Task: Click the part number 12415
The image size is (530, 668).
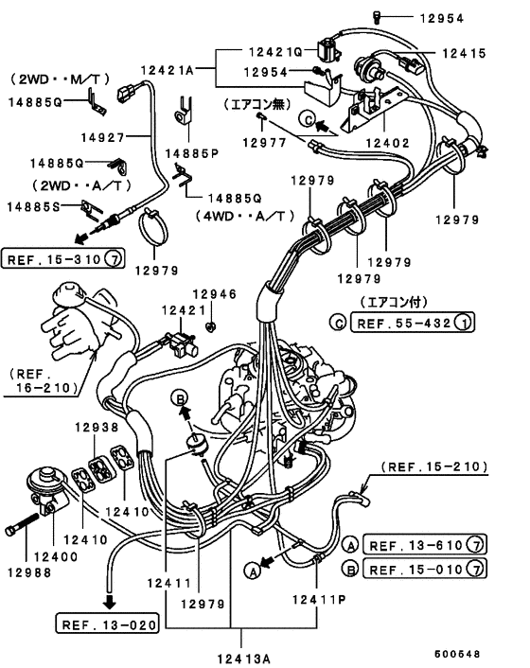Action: pyautogui.click(x=464, y=53)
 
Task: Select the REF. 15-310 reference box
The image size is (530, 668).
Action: pyautogui.click(x=63, y=258)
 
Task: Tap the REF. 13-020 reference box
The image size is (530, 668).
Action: pyautogui.click(x=107, y=624)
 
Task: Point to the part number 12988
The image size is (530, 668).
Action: pyautogui.click(x=29, y=572)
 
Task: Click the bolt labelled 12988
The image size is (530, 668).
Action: pyautogui.click(x=22, y=524)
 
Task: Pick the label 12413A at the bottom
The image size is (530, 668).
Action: pyautogui.click(x=244, y=659)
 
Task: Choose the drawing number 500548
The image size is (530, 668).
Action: pyautogui.click(x=457, y=654)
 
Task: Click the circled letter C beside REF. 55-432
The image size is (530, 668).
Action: pyautogui.click(x=338, y=323)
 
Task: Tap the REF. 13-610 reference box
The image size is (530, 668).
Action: pyautogui.click(x=424, y=544)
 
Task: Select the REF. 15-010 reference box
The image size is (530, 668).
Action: pyautogui.click(x=424, y=569)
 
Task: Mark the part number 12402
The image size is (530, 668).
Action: pyautogui.click(x=388, y=143)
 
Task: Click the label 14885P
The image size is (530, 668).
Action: pyautogui.click(x=192, y=153)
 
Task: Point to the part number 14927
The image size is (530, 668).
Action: pyautogui.click(x=102, y=137)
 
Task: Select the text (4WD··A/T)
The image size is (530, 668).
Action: pyautogui.click(x=245, y=217)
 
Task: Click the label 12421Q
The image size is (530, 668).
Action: pyautogui.click(x=275, y=52)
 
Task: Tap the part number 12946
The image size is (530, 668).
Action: pyautogui.click(x=214, y=294)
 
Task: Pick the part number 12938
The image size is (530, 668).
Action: pyautogui.click(x=97, y=427)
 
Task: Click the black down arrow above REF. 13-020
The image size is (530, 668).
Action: pyautogui.click(x=110, y=602)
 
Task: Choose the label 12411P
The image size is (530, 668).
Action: pyautogui.click(x=319, y=600)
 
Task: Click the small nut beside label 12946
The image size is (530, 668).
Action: pyautogui.click(x=210, y=326)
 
